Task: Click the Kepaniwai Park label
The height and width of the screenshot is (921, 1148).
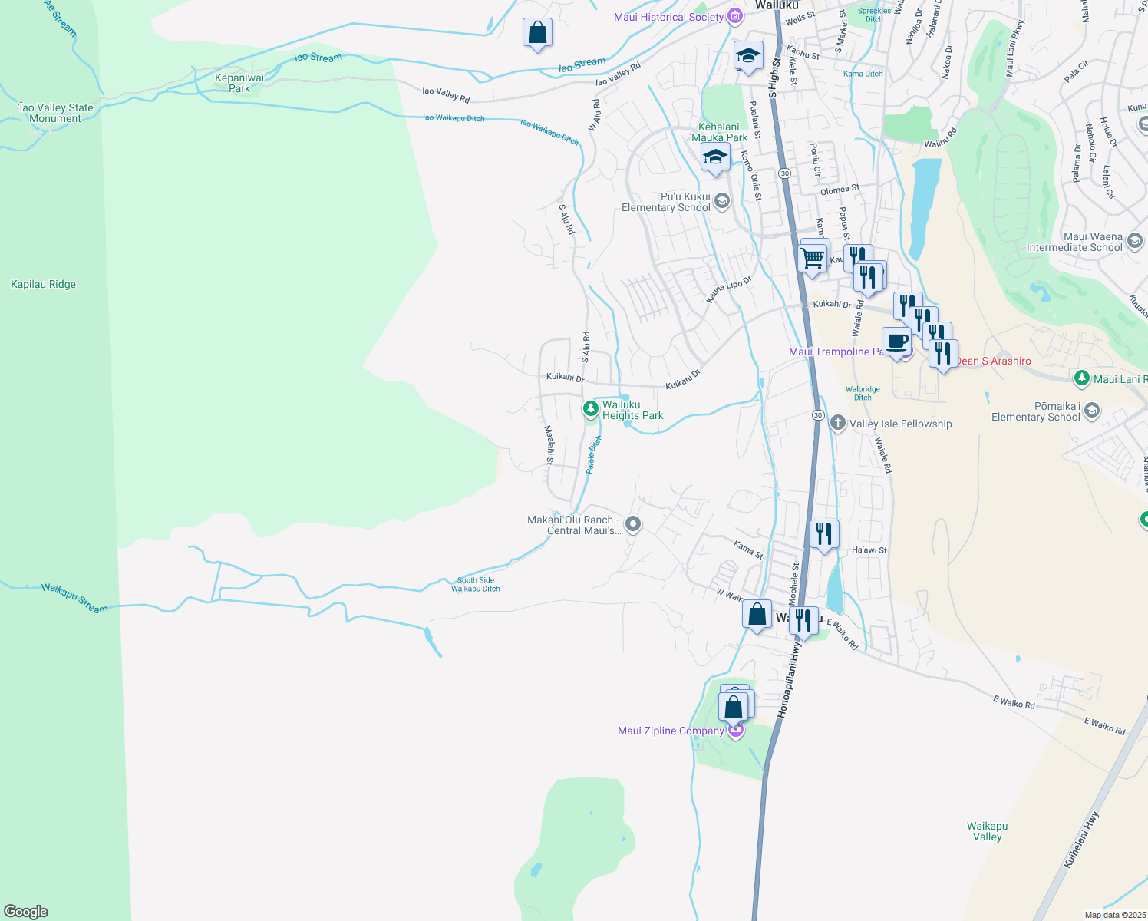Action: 239,83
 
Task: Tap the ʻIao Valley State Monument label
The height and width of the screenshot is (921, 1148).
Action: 55,113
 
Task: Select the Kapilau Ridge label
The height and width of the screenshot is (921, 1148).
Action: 43,284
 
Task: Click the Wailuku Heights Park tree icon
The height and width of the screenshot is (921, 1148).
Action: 590,408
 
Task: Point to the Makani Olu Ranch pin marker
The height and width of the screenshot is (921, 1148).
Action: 633,524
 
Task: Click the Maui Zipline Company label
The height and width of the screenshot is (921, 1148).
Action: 671,731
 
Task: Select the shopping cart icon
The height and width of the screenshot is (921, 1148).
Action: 812,257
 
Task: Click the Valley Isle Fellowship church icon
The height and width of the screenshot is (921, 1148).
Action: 837,423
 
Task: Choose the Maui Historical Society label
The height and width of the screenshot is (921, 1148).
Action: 668,17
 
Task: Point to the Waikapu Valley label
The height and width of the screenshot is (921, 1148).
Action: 987,831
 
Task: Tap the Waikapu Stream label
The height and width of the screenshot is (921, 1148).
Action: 74,598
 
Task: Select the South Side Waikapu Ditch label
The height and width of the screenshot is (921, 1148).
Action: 475,584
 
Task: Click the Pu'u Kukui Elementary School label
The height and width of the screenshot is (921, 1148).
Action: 665,202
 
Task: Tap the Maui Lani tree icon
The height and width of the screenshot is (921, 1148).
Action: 1081,378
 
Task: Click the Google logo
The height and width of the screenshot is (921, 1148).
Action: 26,911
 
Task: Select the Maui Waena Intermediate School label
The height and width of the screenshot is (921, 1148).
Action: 1074,242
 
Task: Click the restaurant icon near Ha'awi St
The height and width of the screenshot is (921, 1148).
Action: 824,533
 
